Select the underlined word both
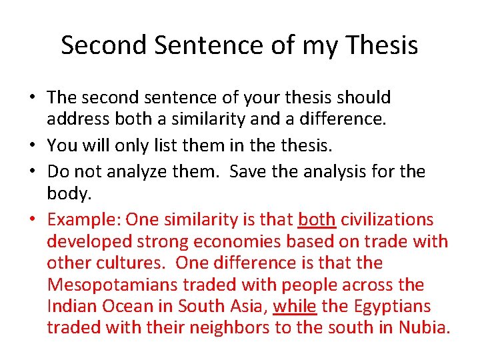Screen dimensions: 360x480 pos(317,220)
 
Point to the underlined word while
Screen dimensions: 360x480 pos(295,307)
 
